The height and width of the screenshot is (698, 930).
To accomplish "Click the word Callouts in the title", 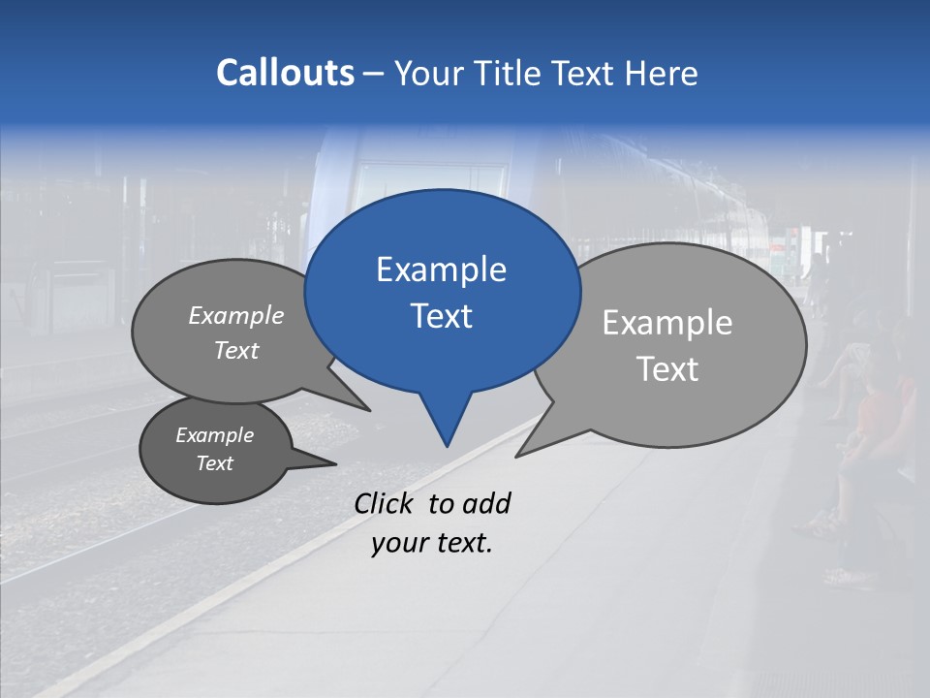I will tap(285, 73).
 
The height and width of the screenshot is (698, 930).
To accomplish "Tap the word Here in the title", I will tap(662, 73).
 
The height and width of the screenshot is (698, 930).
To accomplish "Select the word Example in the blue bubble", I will tap(441, 270).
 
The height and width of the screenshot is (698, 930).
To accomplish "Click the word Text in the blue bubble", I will tap(441, 315).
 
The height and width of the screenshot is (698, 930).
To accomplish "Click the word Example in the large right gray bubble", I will tap(667, 323).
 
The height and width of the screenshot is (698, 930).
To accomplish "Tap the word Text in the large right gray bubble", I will tap(667, 368).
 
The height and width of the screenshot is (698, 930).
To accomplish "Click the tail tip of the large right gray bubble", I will tap(517, 455).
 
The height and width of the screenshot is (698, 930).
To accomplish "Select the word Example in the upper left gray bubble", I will tap(236, 316).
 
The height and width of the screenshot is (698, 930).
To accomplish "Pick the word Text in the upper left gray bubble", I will tap(236, 350).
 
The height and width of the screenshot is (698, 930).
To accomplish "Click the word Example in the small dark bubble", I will tap(214, 435).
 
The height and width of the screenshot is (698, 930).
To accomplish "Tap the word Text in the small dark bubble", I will tap(214, 463).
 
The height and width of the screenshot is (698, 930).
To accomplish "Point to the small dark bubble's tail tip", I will tap(335, 464).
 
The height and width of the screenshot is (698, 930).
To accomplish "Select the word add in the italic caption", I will tap(486, 503).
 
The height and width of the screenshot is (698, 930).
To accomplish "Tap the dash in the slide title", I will tap(375, 74).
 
